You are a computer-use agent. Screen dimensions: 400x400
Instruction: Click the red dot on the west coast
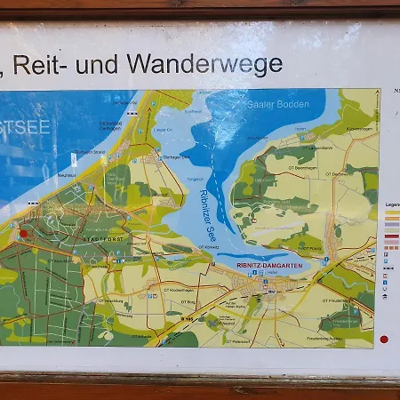pyautogui.click(x=24, y=234)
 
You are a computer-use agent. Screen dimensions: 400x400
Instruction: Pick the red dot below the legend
pyautogui.click(x=384, y=339)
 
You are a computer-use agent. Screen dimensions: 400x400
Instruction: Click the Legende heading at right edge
pyautogui.click(x=392, y=204)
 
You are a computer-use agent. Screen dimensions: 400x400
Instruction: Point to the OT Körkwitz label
pyautogui.click(x=207, y=246)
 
